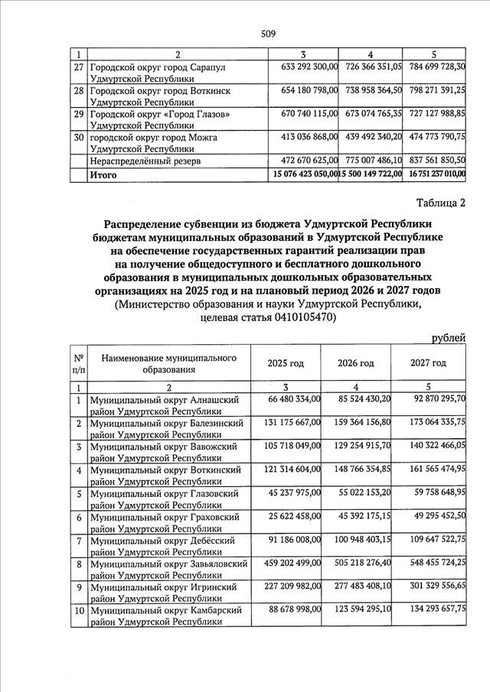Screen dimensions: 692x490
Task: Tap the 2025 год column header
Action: (x=286, y=362)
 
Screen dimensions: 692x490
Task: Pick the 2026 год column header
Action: (x=355, y=362)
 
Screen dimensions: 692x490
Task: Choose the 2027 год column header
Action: (x=428, y=362)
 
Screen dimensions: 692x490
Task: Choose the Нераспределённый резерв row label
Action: (x=136, y=162)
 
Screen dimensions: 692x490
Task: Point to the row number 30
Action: (x=77, y=138)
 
